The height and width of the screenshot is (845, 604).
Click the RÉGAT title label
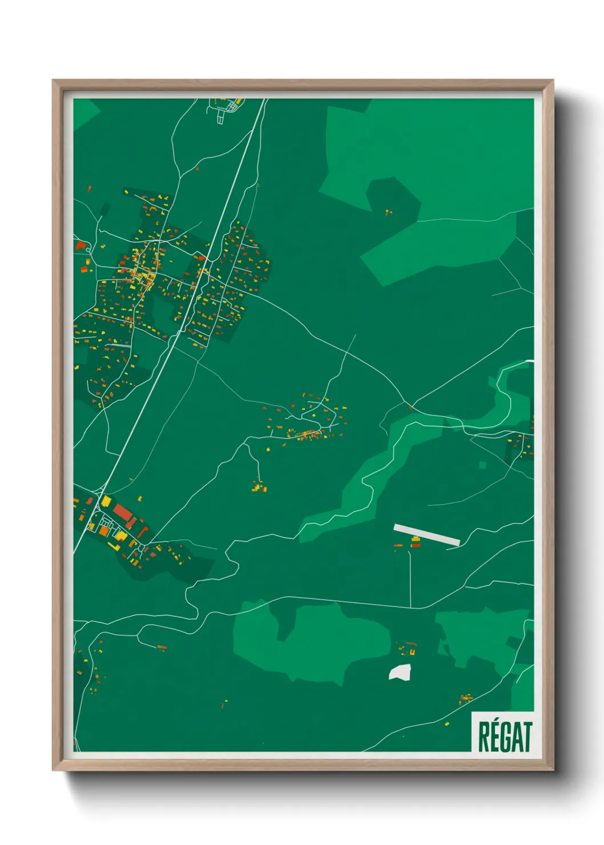pos(505,736)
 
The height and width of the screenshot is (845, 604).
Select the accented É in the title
pos(494,735)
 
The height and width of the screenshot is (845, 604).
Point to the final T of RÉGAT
pos(527,737)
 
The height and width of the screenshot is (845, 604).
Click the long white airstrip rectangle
pos(426,535)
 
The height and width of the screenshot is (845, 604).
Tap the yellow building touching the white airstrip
pos(416,538)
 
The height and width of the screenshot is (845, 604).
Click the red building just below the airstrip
pos(416,545)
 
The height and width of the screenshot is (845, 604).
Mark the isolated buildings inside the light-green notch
pos(388,212)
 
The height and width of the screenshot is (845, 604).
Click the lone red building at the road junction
pos(410,407)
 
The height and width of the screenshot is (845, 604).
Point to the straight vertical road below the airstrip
pos(410,577)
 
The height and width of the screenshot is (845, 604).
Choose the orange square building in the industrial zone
pos(104,531)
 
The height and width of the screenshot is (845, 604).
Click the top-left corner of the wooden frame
pos(53,81)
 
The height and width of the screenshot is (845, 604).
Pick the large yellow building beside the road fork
pos(106,501)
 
